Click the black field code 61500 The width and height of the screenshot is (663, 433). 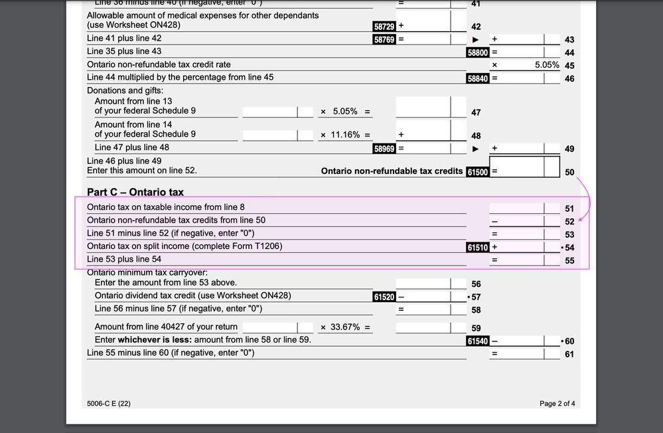point(478,171)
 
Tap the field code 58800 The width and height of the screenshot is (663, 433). point(478,52)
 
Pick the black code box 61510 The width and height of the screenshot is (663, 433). point(478,247)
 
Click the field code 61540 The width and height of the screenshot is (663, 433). point(478,341)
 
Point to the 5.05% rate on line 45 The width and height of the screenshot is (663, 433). point(547,65)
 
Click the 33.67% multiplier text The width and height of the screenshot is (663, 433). point(345,327)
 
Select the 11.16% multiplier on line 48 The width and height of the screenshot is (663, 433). point(345,135)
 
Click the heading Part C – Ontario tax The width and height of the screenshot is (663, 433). point(135,193)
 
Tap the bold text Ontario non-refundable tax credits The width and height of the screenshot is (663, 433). point(392,171)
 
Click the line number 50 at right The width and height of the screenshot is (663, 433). point(569,172)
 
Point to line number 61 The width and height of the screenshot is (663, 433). point(569,354)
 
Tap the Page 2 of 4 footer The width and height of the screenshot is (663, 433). point(557,404)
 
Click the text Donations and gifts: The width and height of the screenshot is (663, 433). point(125,90)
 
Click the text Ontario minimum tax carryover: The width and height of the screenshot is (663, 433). point(147,272)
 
